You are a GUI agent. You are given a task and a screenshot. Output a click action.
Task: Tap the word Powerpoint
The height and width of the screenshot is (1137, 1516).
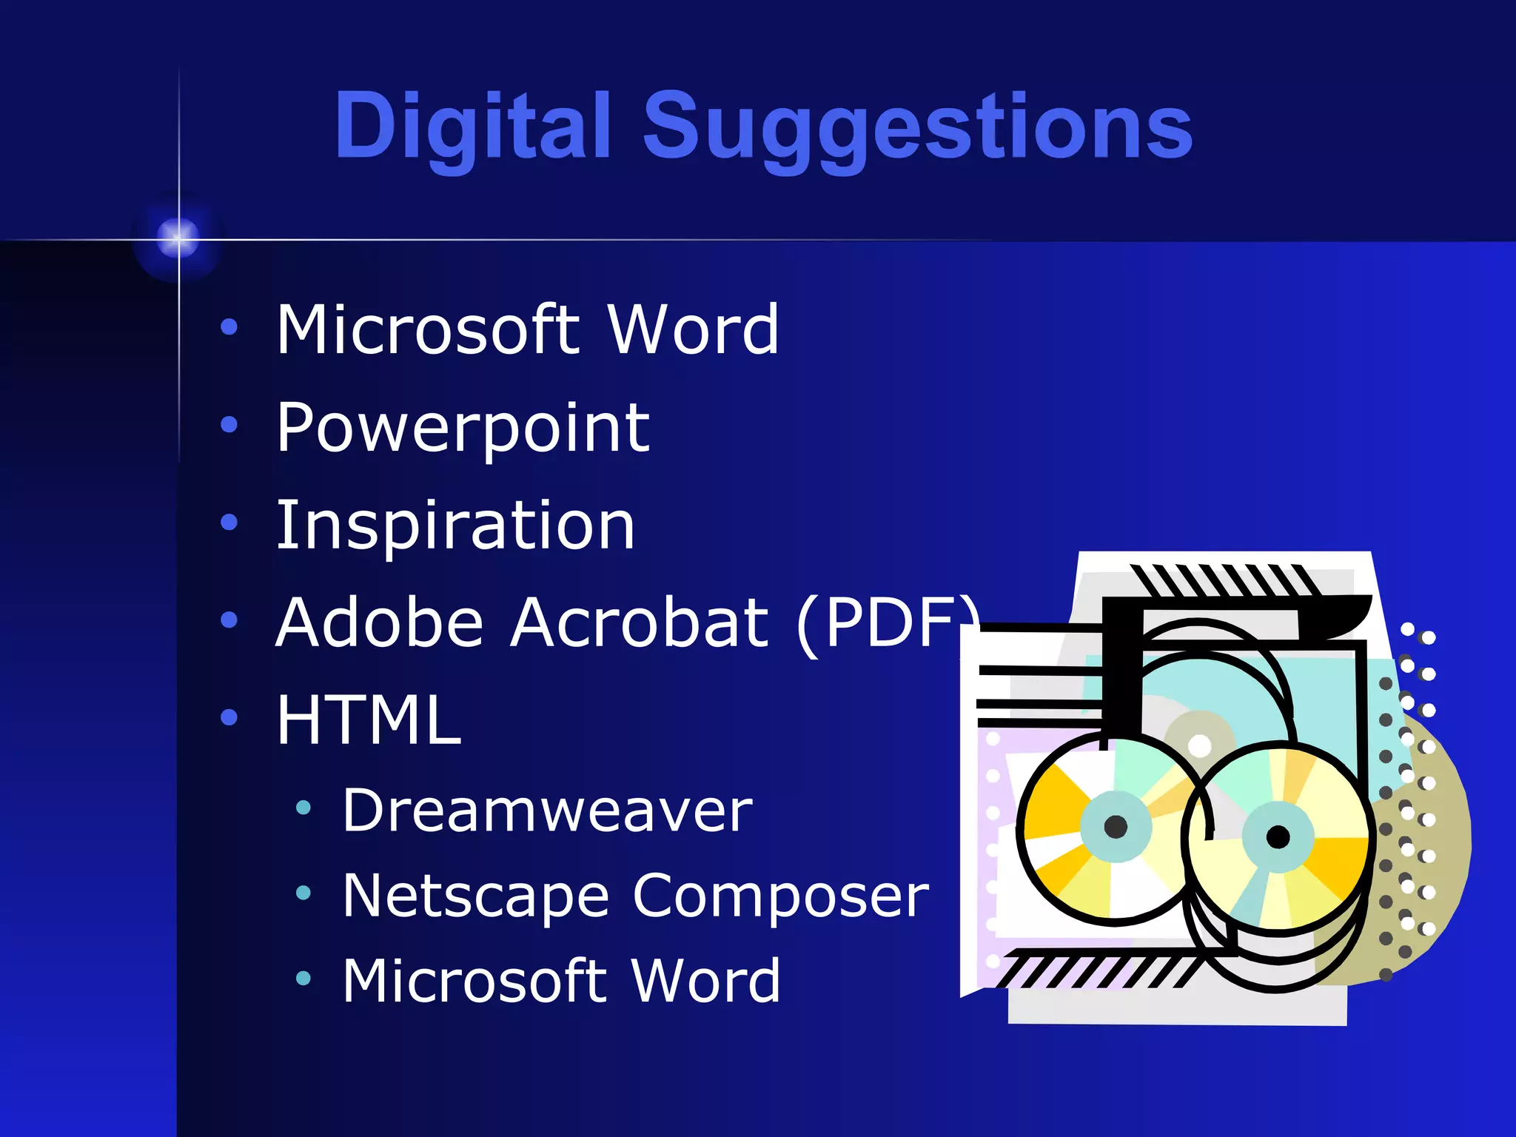463,428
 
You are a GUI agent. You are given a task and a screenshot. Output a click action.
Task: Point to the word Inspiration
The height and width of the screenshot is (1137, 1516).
455,526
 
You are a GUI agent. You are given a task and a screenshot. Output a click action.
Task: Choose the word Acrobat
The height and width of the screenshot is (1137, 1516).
640,623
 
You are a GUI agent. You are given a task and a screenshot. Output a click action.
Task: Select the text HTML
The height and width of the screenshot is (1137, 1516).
369,720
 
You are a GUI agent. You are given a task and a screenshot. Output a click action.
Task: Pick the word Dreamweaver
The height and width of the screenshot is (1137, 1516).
547,811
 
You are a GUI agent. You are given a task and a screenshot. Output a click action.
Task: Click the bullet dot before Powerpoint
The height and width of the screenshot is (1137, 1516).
229,425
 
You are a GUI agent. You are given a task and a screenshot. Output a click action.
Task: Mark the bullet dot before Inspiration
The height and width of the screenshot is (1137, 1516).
229,523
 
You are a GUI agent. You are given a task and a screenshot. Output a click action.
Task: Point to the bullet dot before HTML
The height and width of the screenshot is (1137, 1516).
229,717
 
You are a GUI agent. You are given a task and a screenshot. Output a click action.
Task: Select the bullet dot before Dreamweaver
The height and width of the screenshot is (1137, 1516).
303,808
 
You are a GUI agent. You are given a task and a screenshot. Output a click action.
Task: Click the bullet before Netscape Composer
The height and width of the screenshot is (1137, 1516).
303,893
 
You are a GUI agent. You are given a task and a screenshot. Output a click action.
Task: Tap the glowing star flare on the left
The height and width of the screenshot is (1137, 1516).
178,238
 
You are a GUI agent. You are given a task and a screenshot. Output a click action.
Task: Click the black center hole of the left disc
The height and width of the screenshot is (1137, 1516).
1116,826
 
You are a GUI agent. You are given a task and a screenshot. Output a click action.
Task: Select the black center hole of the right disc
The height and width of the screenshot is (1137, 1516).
1278,837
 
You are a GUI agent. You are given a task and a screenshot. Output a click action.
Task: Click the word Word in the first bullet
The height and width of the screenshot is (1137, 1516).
692,329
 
